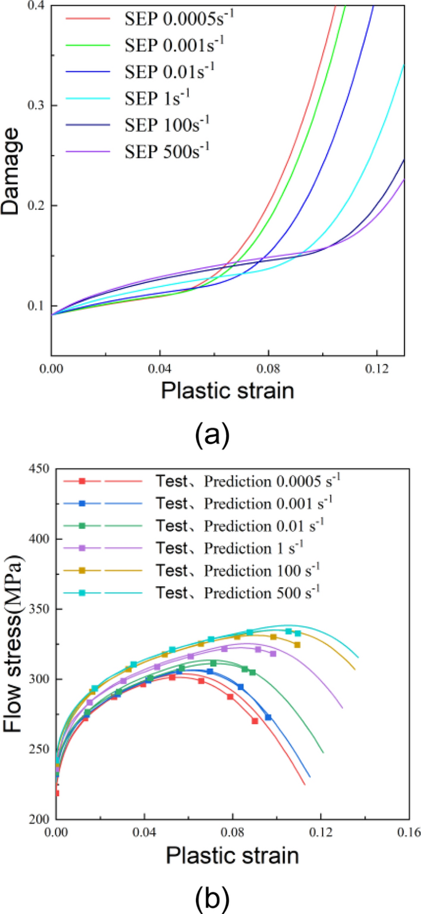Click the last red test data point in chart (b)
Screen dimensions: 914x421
click(254, 721)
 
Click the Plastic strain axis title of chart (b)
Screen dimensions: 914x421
click(232, 856)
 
